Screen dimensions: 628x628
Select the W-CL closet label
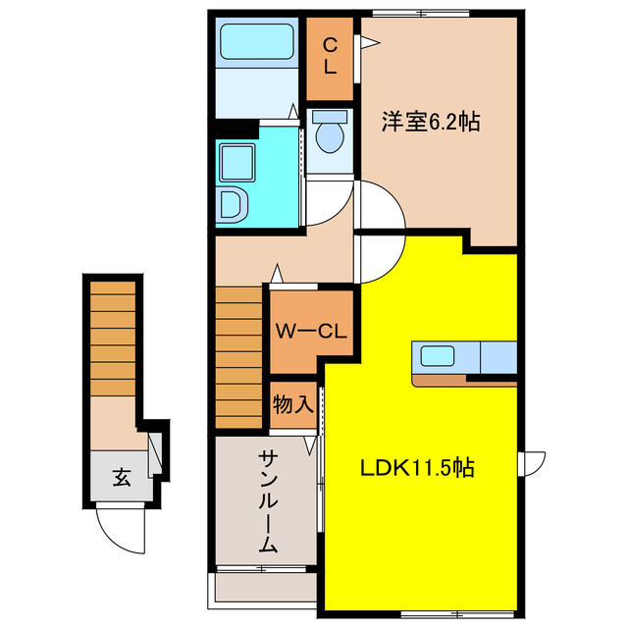click(x=310, y=332)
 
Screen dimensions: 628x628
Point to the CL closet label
click(x=330, y=56)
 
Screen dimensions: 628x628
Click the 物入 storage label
click(x=292, y=402)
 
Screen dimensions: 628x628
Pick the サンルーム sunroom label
click(x=267, y=501)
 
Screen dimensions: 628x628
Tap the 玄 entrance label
click(x=121, y=479)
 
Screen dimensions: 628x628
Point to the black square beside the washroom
click(x=235, y=127)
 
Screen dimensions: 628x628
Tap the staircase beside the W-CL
click(x=238, y=356)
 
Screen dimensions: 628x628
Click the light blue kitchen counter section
click(x=497, y=358)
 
